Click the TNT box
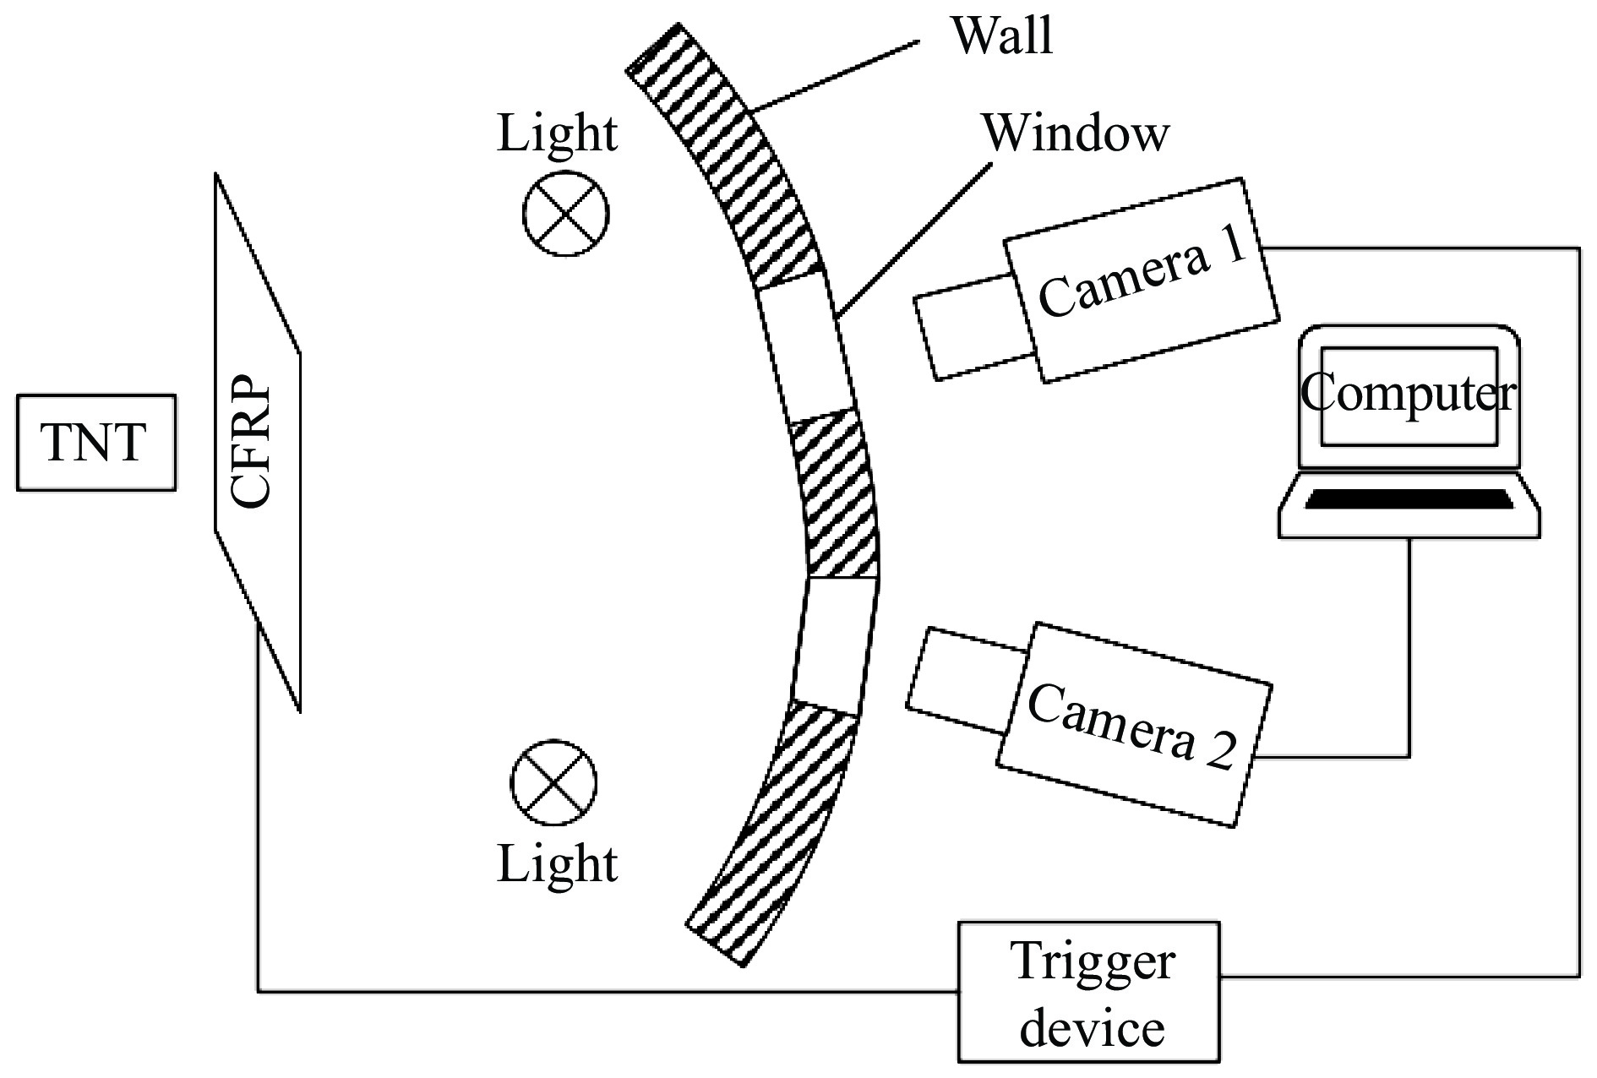coord(95,442)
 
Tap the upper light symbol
coord(565,212)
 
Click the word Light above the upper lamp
coord(557,134)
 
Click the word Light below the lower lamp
coord(557,864)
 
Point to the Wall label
coord(1003,35)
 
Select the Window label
coord(1075,133)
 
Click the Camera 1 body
coord(1141,279)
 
